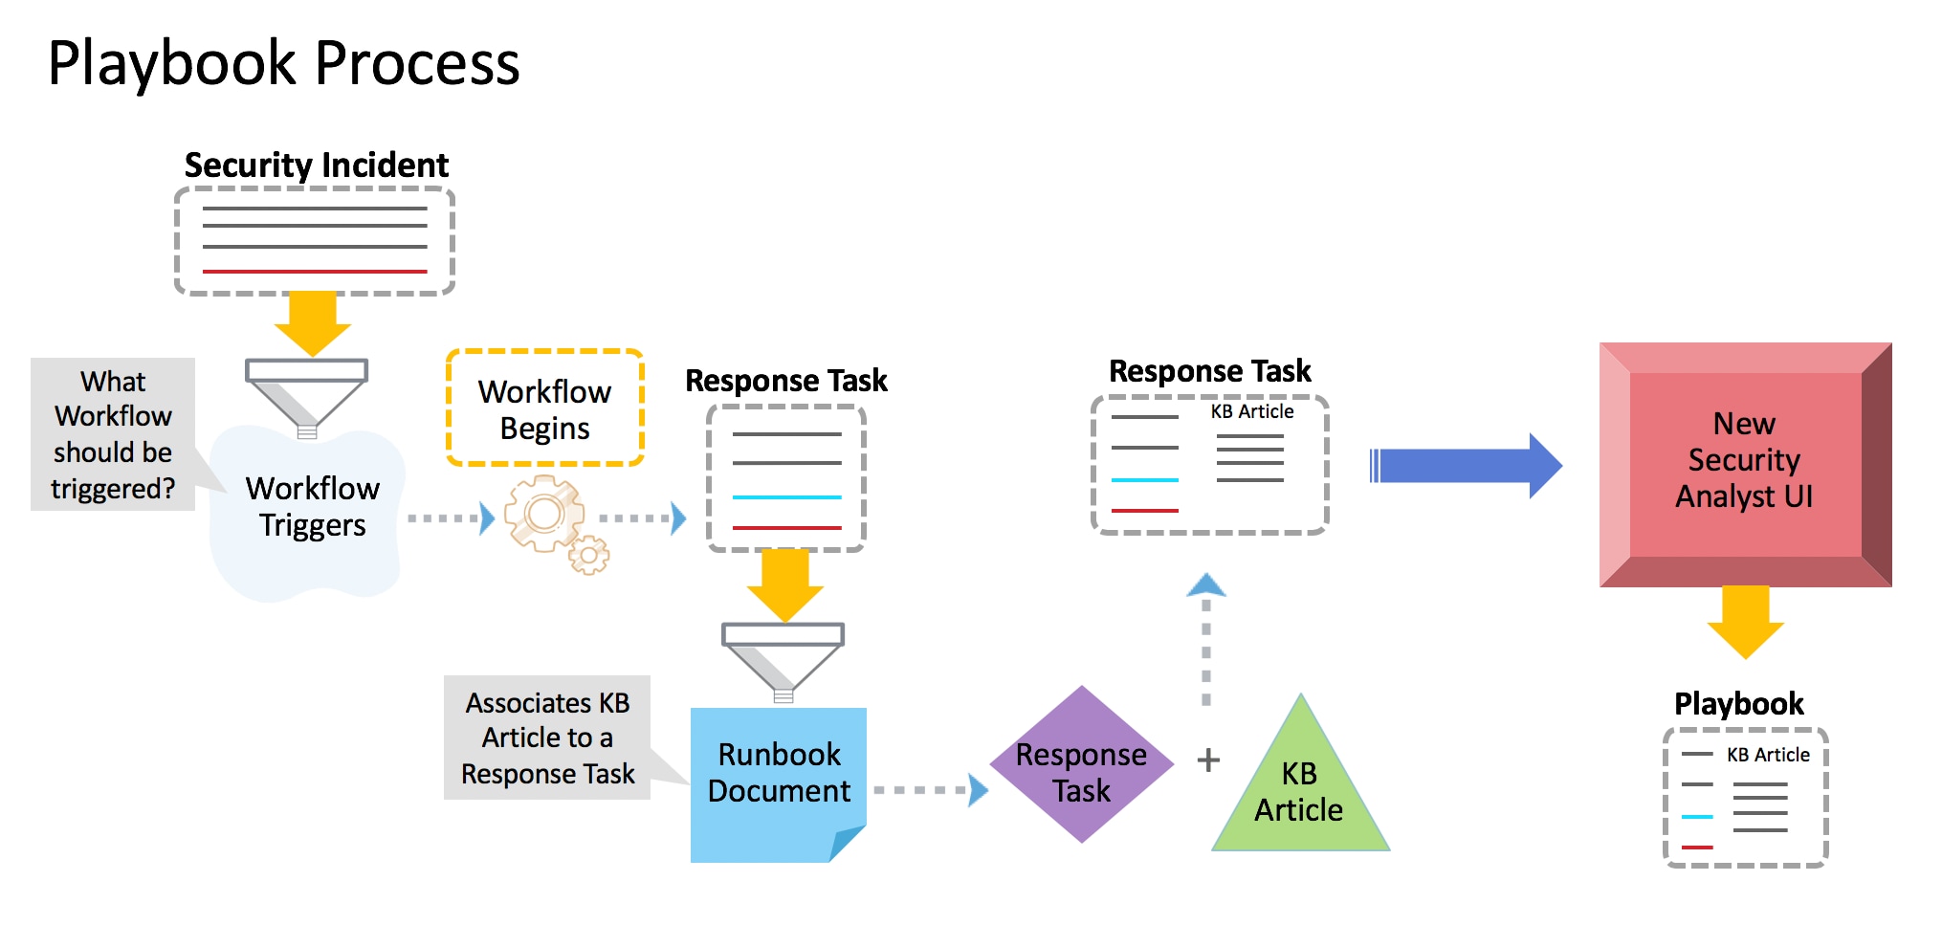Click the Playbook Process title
283,63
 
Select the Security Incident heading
316,165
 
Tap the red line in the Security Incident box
314,272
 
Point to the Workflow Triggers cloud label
312,507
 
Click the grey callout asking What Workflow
113,434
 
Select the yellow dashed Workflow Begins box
544,408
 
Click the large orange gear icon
543,514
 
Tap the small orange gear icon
589,555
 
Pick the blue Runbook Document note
778,780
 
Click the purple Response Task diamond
1081,765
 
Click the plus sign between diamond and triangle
1208,760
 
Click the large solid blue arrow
1464,466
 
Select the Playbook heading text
1738,703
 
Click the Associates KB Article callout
547,738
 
